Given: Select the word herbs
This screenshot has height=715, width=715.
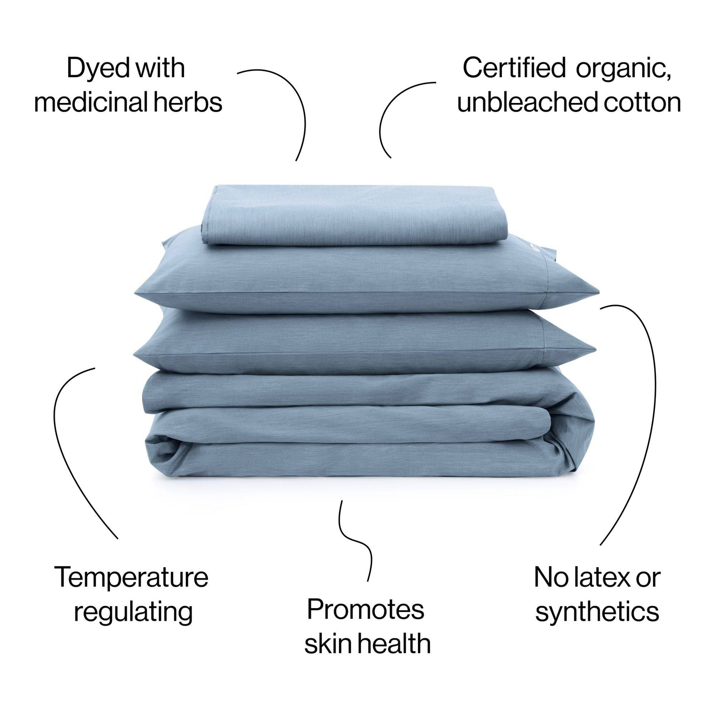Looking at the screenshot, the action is tap(191, 102).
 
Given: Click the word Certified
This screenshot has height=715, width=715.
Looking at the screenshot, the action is tap(514, 68).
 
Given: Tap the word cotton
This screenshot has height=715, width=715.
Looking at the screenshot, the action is tap(643, 103).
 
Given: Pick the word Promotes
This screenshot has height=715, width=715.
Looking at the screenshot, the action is tap(365, 609).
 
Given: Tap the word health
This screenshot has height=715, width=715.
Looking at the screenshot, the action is tap(392, 643).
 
